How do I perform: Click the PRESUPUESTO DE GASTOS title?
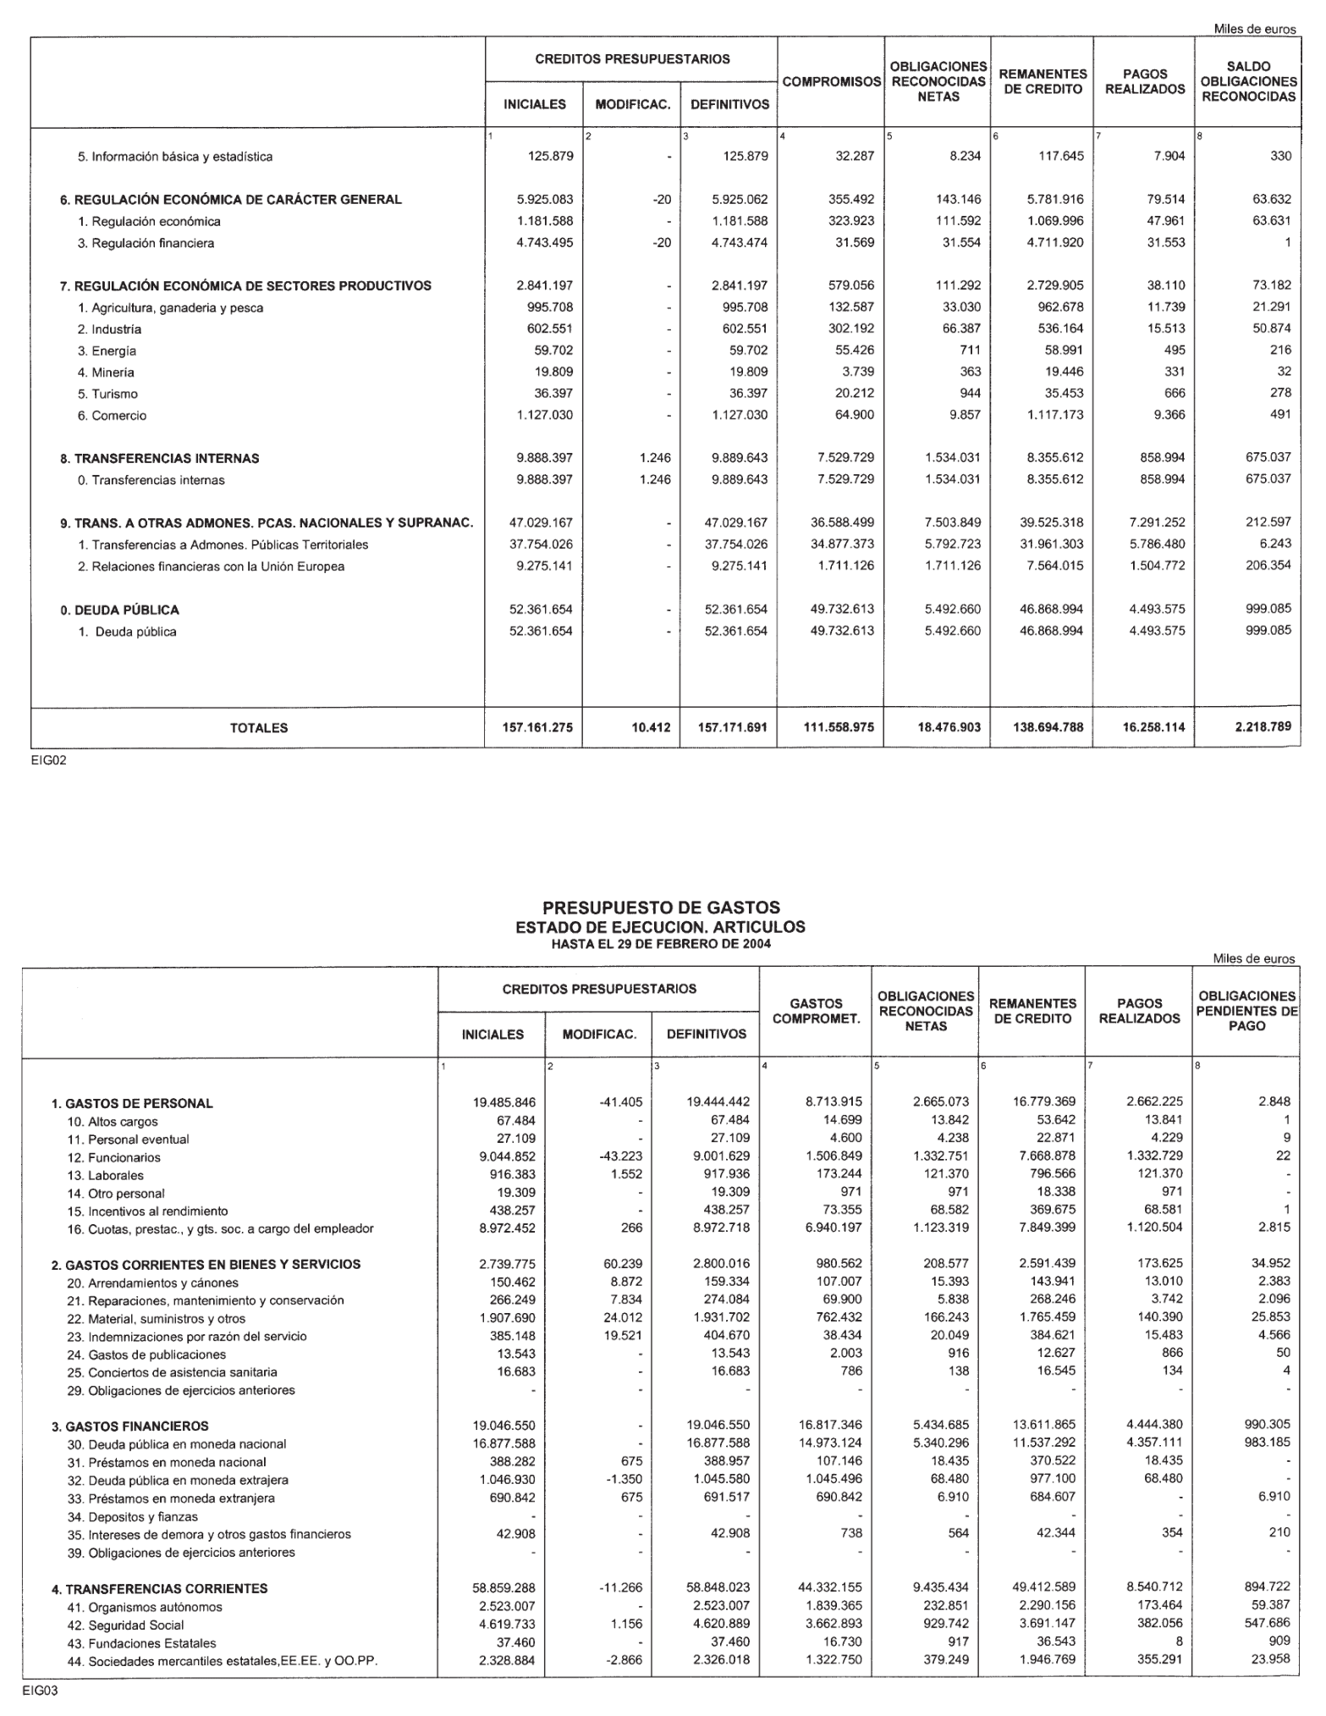point(660,908)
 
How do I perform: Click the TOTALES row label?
point(259,727)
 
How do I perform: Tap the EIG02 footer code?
point(48,760)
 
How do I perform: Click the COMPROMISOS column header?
point(831,82)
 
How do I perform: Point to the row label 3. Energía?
point(107,350)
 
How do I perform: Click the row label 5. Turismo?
point(107,394)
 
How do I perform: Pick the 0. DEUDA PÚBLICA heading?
point(119,610)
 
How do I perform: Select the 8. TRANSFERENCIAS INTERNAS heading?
point(159,458)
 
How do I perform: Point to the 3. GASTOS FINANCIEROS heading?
point(129,1426)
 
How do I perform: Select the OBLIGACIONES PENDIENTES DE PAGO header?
point(1247,1011)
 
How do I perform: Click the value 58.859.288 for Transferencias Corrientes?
point(504,1588)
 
